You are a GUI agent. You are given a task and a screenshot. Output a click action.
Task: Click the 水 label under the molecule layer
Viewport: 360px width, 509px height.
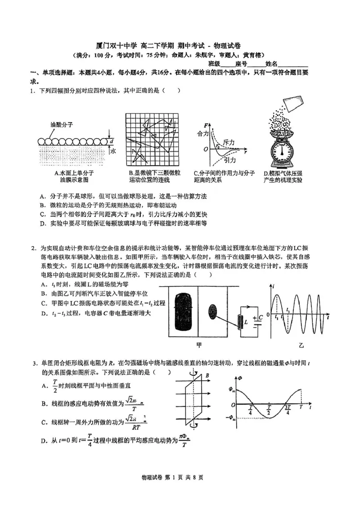tap(113, 152)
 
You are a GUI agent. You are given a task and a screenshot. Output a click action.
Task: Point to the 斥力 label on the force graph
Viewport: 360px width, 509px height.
tap(229, 142)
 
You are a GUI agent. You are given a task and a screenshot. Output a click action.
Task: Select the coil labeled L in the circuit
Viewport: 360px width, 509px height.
tap(237, 320)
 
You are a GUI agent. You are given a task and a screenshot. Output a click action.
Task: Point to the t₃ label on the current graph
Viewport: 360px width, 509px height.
tap(288, 311)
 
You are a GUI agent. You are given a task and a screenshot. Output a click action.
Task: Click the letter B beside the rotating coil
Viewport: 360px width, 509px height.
tap(207, 375)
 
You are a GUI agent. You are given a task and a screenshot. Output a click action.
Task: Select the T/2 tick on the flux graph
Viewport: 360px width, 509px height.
tap(268, 410)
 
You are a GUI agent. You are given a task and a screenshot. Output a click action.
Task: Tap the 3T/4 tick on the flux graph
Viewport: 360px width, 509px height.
tap(287, 410)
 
